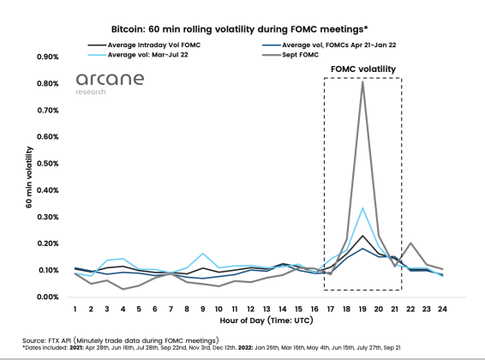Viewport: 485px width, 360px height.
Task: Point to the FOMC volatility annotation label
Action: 363,69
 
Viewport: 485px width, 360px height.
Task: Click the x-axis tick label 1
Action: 75,308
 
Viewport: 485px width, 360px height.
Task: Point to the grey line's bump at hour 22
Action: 411,243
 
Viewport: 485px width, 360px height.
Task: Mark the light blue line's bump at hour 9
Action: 203,254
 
